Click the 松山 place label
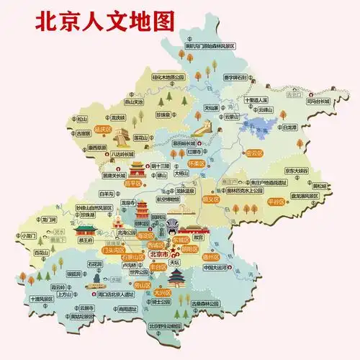pos(82,119)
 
